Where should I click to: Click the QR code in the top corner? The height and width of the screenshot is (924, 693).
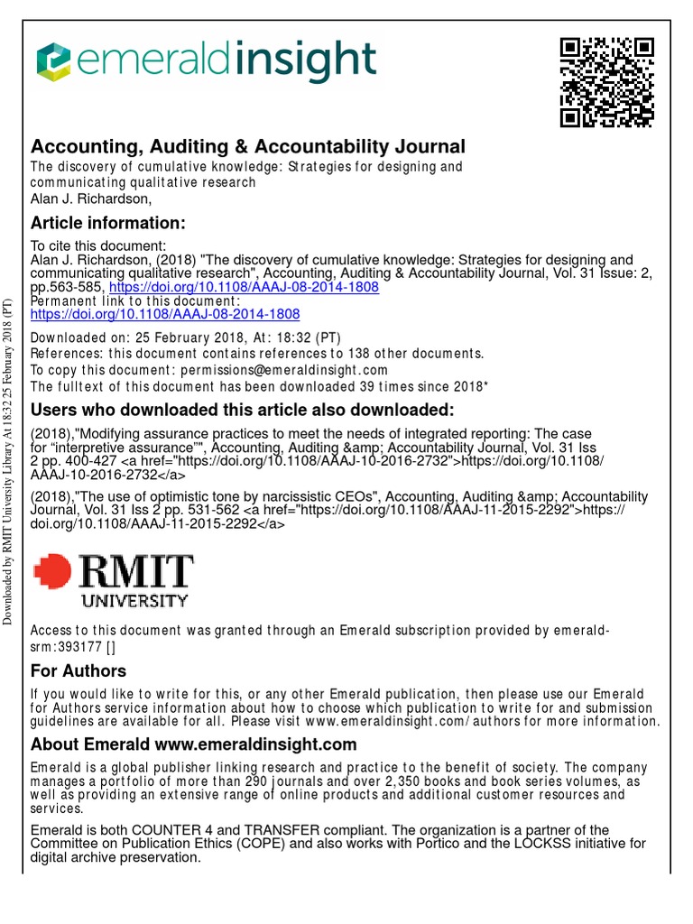click(x=606, y=82)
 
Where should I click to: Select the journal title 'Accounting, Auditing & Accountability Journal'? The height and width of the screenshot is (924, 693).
click(x=248, y=146)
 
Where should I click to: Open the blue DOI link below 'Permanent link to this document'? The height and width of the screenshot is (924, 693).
click(x=165, y=314)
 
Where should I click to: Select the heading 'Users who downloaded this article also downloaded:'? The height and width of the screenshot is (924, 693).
click(x=242, y=411)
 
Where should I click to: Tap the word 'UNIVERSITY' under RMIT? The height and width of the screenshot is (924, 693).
click(x=135, y=599)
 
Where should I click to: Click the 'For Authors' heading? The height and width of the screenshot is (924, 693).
click(x=79, y=670)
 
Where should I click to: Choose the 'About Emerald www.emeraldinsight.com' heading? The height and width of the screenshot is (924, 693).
click(x=194, y=744)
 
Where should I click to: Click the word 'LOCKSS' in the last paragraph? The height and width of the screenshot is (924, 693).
click(x=523, y=844)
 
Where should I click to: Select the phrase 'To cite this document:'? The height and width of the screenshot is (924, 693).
click(x=98, y=245)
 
